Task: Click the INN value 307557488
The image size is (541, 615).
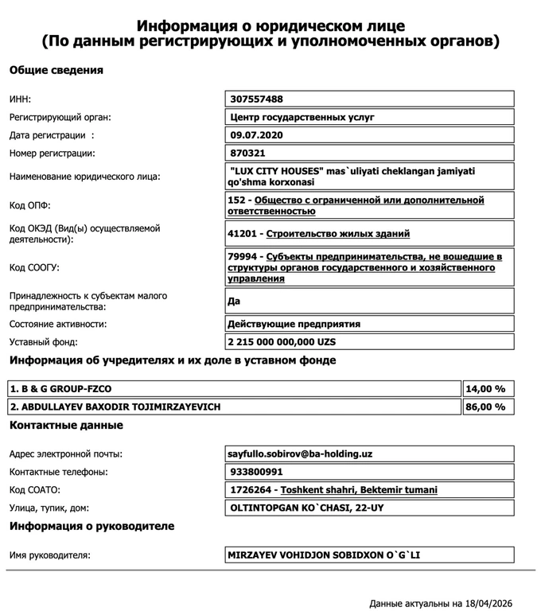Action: [x=256, y=99]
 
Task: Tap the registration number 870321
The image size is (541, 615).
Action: [x=247, y=153]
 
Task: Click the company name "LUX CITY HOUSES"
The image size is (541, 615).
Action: [x=278, y=170]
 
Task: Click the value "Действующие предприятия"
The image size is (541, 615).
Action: [x=294, y=324]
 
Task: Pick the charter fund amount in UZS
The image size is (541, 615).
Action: [x=282, y=341]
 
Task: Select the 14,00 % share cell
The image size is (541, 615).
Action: [x=485, y=389]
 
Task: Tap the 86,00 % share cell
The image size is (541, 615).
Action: [x=485, y=407]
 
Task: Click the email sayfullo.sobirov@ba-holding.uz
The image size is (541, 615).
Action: [x=301, y=454]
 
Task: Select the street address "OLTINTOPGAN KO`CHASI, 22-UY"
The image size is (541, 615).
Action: [x=306, y=507]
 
